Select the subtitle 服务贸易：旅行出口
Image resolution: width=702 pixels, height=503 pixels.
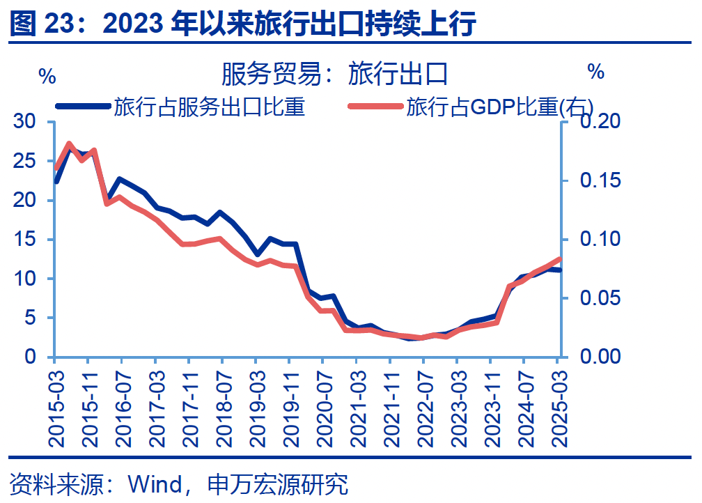pyautogui.click(x=334, y=73)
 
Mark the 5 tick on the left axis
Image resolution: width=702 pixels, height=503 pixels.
pyautogui.click(x=31, y=318)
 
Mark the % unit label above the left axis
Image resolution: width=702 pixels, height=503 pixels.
pyautogui.click(x=47, y=77)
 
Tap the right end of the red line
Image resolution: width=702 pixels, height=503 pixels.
pyautogui.click(x=559, y=260)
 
